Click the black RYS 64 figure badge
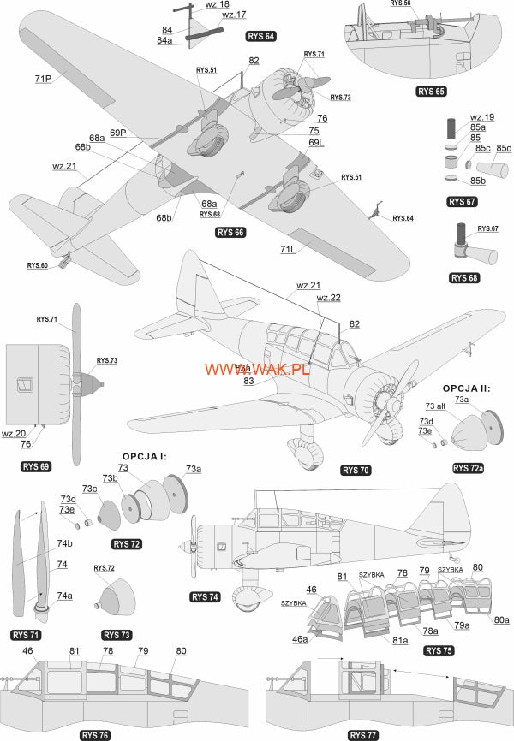pos(260,36)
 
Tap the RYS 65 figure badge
pos(431,90)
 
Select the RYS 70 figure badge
pos(356,470)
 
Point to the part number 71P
pos(44,78)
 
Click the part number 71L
pos(287,250)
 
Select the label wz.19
pos(482,117)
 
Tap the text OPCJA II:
pos(467,388)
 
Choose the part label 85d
pos(504,147)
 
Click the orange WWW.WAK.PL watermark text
pos(256,368)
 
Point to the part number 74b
pos(65,544)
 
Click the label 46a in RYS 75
pos(299,639)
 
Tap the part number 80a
pos(501,619)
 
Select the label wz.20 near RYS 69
pos(13,433)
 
